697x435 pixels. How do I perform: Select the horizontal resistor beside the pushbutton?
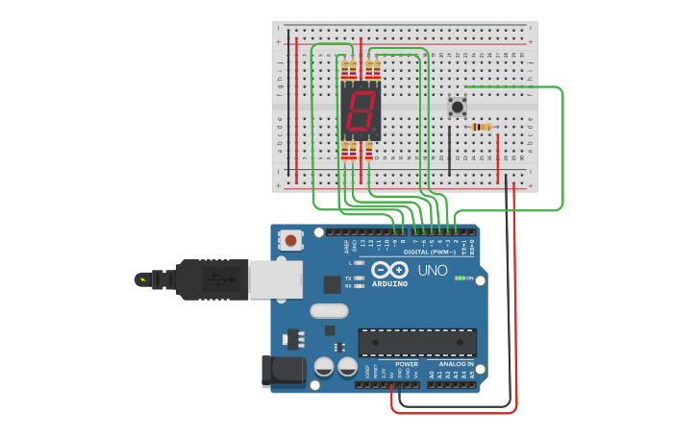pyautogui.click(x=482, y=127)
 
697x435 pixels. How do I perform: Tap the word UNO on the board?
pyautogui.click(x=433, y=271)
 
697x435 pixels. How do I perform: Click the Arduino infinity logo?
pyautogui.click(x=389, y=271)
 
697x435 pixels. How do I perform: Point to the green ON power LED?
pyautogui.click(x=461, y=278)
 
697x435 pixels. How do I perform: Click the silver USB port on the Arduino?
pyautogui.click(x=276, y=279)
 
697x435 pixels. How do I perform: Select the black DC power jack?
pyautogui.click(x=284, y=373)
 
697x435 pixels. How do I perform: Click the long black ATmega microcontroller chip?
pyautogui.click(x=417, y=343)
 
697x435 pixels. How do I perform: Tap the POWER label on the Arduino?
pyautogui.click(x=407, y=364)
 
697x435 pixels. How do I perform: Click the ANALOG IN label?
pyautogui.click(x=456, y=364)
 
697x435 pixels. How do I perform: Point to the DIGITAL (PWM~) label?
pyautogui.click(x=430, y=252)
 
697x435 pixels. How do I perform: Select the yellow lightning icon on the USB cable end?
pyautogui.click(x=143, y=280)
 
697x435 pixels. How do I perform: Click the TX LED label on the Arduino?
pyautogui.click(x=348, y=278)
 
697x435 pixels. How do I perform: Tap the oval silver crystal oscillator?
pyautogui.click(x=329, y=311)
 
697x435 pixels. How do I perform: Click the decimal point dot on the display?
pyautogui.click(x=376, y=132)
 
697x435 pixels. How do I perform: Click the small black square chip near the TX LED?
pyautogui.click(x=332, y=284)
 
